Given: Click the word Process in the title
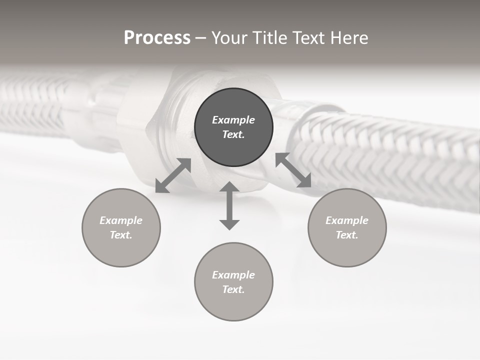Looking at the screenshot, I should coord(157,38).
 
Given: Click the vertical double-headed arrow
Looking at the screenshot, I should coord(229,205).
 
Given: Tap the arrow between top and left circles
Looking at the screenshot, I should coord(173,175).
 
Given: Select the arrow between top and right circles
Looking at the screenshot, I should coord(293,170).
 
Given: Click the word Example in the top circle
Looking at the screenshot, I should coord(233,120).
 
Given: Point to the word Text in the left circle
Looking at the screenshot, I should coord(121,235).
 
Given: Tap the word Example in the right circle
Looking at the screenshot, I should coord(347,220).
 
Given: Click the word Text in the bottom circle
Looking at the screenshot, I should coord(233,289).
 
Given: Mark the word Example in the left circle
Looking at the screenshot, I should coord(121,220).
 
